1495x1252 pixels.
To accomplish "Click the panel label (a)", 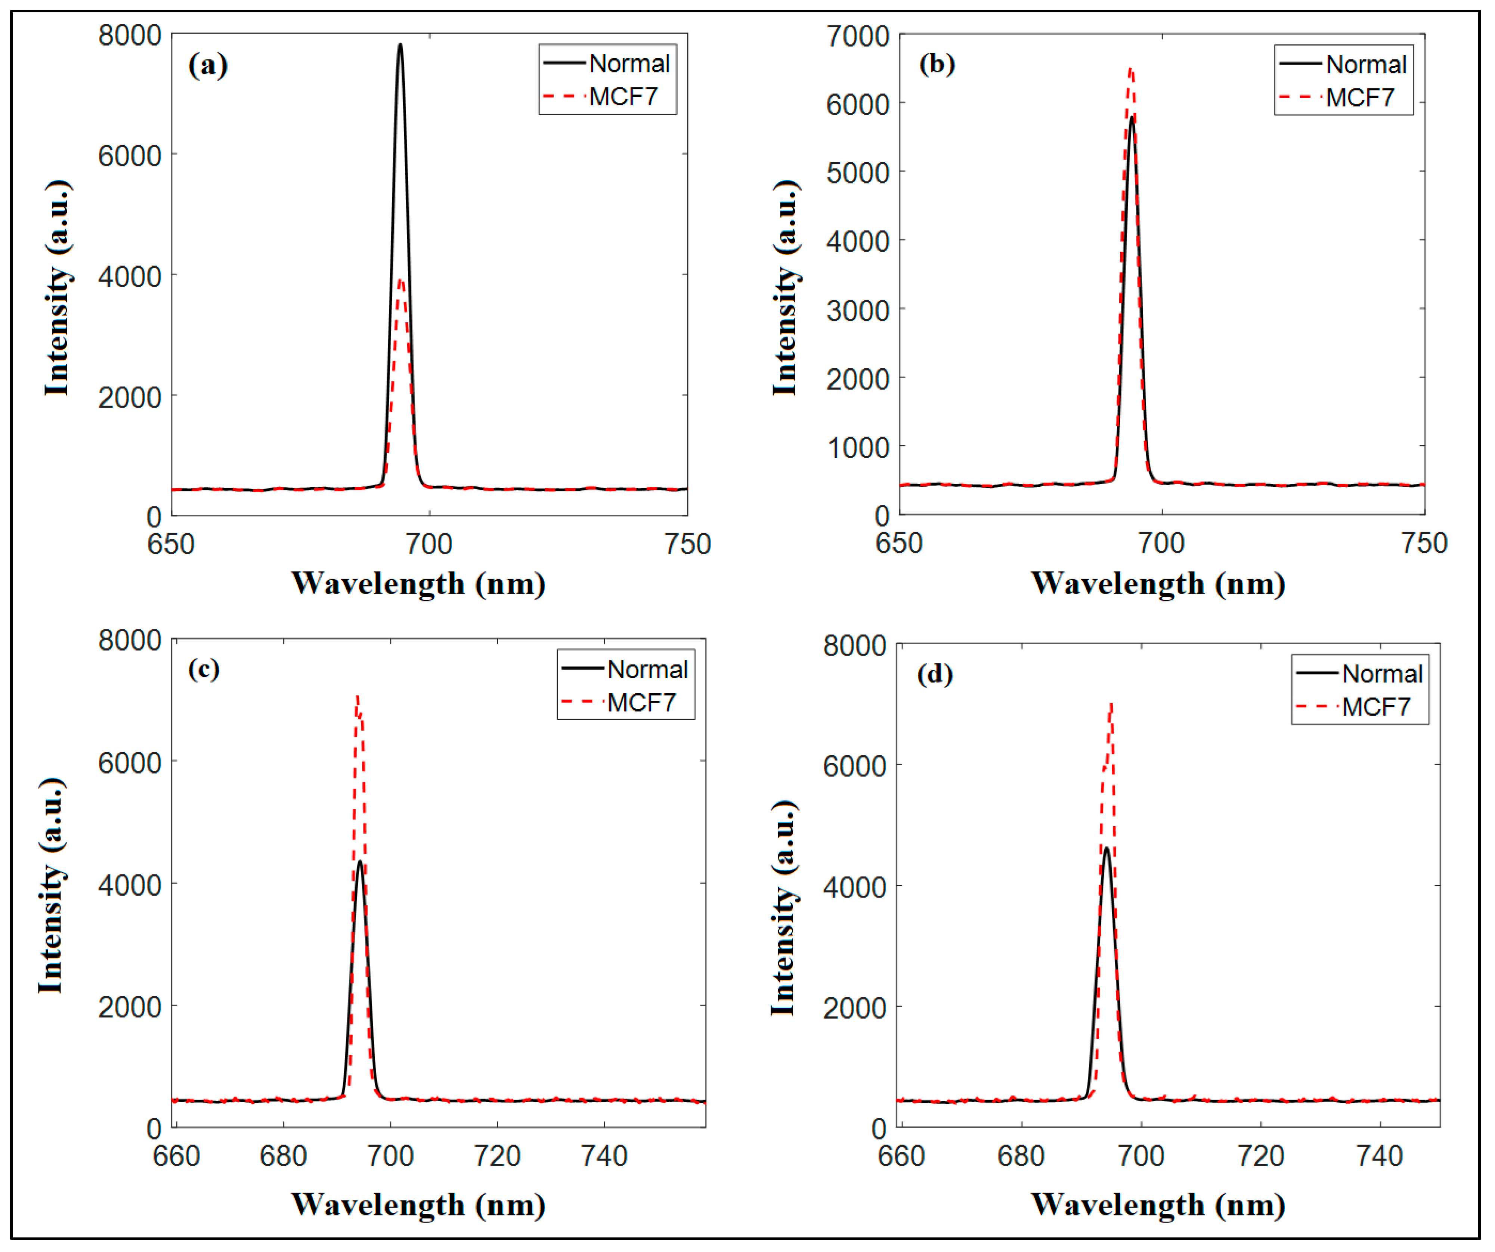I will (x=208, y=65).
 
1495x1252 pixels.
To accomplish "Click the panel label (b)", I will (x=937, y=64).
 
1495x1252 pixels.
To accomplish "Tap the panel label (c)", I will (x=204, y=669).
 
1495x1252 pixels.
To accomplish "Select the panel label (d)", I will (x=935, y=673).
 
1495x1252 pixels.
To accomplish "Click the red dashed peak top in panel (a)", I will (x=401, y=281).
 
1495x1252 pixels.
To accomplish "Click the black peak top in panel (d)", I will (x=1106, y=849).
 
